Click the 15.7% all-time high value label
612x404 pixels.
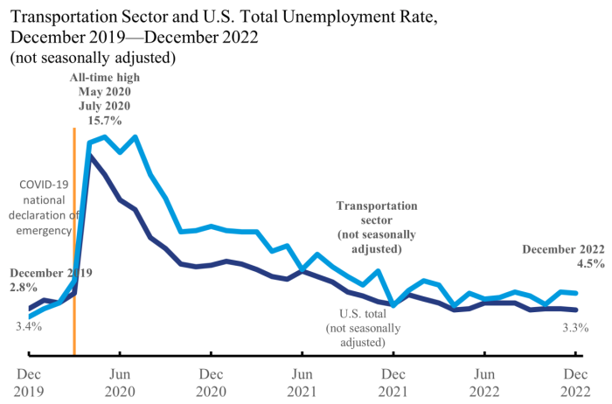[x=104, y=120]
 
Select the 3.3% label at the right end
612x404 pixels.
[x=575, y=327]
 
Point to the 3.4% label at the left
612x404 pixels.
[x=30, y=327]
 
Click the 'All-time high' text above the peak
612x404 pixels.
[x=104, y=78]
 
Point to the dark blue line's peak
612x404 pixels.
[x=90, y=155]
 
